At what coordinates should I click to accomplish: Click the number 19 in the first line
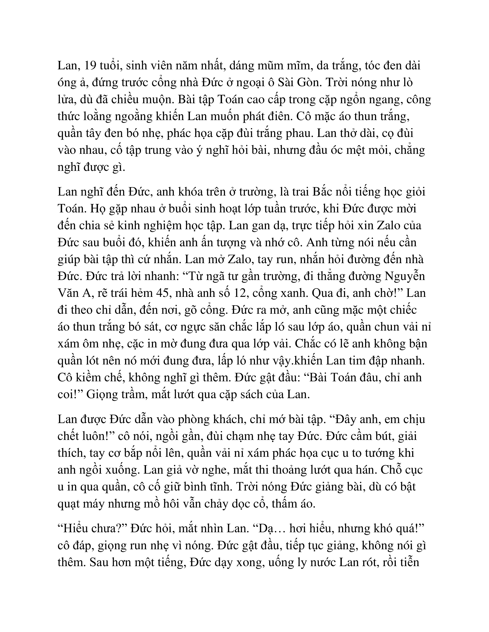pyautogui.click(x=89, y=66)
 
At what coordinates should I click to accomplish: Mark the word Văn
pyautogui.click(x=68, y=293)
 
